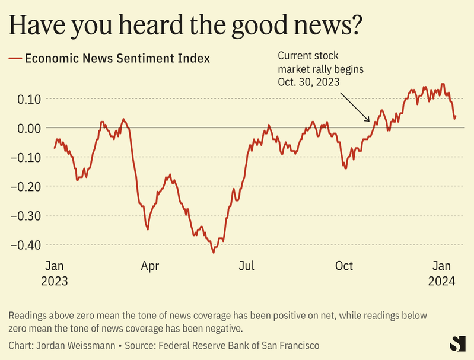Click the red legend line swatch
tap(15, 58)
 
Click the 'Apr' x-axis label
tap(150, 266)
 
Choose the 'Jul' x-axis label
tap(247, 266)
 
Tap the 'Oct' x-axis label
tap(344, 266)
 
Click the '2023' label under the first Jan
tap(55, 281)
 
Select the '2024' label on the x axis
tap(442, 281)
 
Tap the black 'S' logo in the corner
tap(458, 343)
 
